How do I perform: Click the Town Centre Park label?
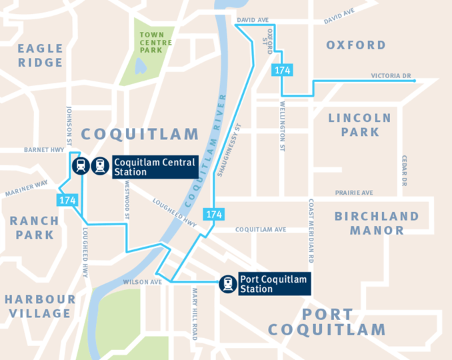[156, 42]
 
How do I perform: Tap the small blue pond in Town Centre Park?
[140, 65]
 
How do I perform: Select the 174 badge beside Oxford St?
[281, 70]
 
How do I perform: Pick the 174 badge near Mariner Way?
[67, 199]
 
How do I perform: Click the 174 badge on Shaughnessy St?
[213, 214]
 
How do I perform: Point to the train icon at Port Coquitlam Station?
[228, 285]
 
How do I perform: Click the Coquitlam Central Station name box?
[154, 167]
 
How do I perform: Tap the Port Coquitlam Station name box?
[273, 285]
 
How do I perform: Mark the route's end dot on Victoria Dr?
[415, 81]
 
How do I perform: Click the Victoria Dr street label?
[391, 75]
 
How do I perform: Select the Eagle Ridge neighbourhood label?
[40, 55]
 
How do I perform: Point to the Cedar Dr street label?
[404, 171]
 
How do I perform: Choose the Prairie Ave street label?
[354, 193]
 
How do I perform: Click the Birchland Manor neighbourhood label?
[377, 223]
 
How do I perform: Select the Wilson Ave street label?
[143, 282]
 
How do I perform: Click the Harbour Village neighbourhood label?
[39, 306]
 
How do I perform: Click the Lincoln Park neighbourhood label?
[360, 125]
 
